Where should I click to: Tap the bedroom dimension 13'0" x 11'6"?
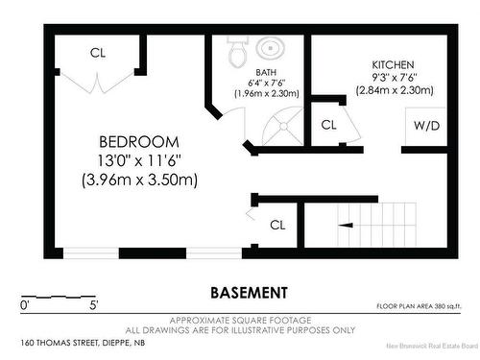tap(139, 158)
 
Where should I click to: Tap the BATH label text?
tap(266, 72)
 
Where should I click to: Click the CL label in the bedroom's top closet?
tap(98, 52)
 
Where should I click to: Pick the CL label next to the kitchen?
tap(328, 124)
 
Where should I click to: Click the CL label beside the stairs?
tap(278, 225)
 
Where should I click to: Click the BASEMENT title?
tap(249, 292)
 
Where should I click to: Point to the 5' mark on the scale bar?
tap(94, 305)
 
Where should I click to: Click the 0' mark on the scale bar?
tap(25, 305)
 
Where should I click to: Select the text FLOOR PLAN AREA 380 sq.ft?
tap(420, 306)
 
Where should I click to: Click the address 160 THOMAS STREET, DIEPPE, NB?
tap(82, 343)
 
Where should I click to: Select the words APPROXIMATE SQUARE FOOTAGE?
tap(248, 319)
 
